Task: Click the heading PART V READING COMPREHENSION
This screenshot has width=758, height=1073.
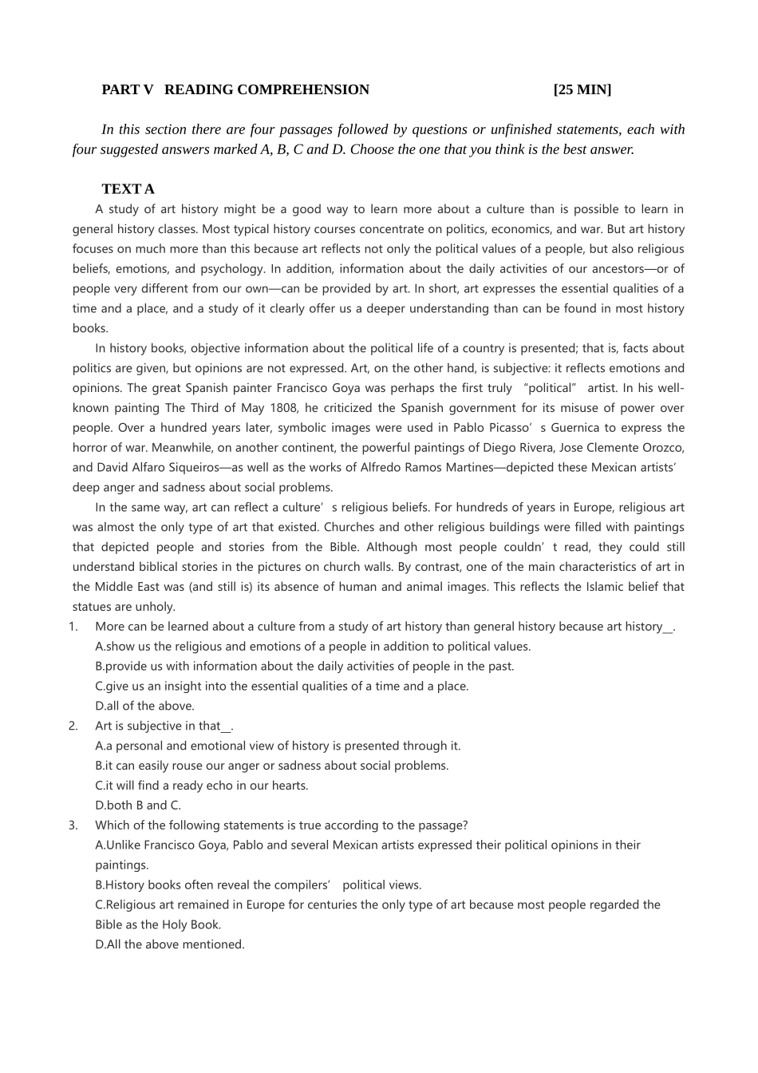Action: tap(235, 89)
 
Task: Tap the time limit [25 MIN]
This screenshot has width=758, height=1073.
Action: tap(582, 89)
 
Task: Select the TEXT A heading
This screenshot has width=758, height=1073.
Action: tap(128, 189)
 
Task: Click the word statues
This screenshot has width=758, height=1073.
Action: tap(91, 607)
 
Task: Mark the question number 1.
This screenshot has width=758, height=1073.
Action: tap(73, 627)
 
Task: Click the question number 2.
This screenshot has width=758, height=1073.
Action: tap(73, 726)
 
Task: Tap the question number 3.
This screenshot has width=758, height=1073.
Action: tap(73, 826)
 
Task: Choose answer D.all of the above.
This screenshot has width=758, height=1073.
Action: tap(144, 706)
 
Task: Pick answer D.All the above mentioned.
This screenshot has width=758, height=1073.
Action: tap(169, 944)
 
